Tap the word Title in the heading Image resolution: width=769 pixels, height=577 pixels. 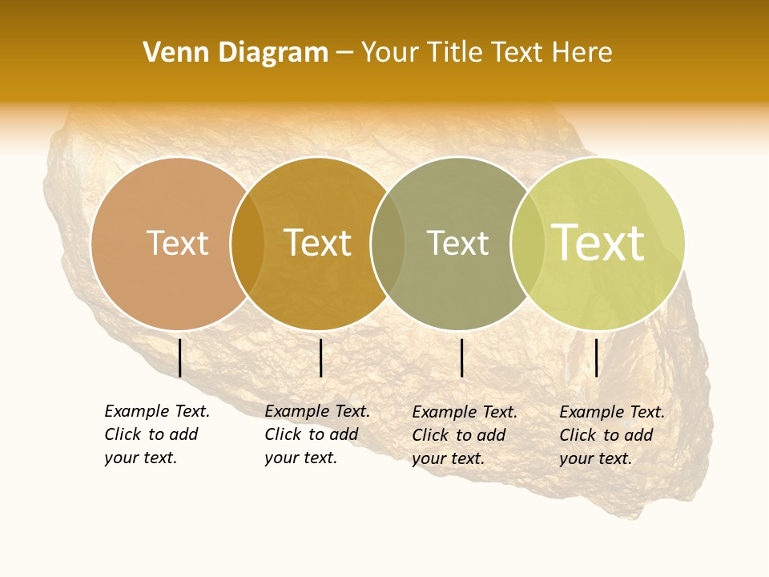tap(454, 53)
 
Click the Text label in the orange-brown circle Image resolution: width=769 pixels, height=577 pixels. tap(177, 243)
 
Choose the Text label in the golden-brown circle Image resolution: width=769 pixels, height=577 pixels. tap(317, 243)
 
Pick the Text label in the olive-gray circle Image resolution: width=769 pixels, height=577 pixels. tap(457, 243)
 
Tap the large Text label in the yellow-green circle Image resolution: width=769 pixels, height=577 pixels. tap(598, 243)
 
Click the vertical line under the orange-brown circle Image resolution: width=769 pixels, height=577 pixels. tap(179, 357)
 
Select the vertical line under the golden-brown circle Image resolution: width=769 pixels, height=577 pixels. tap(320, 357)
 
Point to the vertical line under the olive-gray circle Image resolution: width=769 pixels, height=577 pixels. tap(462, 357)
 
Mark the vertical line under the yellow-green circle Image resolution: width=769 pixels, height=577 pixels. tap(596, 357)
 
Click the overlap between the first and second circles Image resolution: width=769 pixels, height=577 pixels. tap(248, 244)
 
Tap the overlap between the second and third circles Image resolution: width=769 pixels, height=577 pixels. tap(388, 244)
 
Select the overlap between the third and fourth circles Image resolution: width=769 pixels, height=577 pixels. tap(528, 244)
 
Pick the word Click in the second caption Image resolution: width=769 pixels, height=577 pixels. tap(282, 434)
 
